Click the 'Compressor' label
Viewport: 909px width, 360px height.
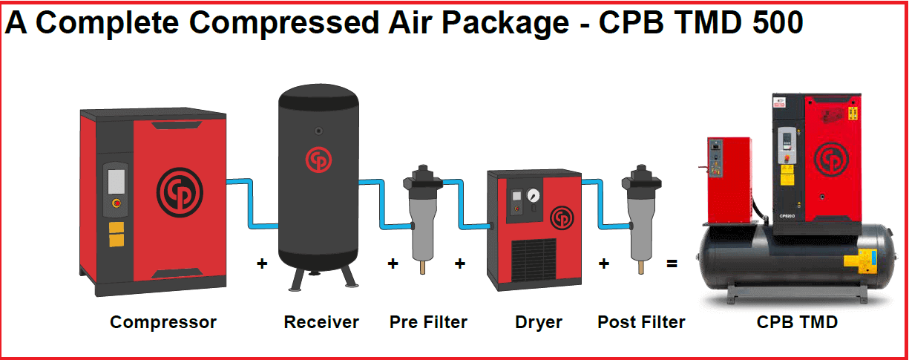(x=163, y=322)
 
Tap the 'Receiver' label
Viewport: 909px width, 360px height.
(x=321, y=322)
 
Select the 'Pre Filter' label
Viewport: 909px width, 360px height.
(x=428, y=322)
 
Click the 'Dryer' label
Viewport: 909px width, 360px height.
(x=539, y=322)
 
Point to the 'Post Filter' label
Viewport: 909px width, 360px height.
(x=641, y=322)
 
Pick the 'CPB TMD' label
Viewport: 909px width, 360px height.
(x=797, y=322)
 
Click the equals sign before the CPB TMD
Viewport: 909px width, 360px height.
(x=672, y=263)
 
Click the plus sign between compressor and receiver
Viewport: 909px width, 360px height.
(x=262, y=263)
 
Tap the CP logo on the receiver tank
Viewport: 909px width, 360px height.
(x=317, y=159)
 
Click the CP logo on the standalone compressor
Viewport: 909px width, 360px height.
(x=180, y=192)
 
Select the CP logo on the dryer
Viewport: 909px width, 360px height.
(x=562, y=217)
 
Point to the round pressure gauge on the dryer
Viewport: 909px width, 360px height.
(x=533, y=197)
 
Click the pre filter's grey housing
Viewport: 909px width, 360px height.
(x=421, y=226)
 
